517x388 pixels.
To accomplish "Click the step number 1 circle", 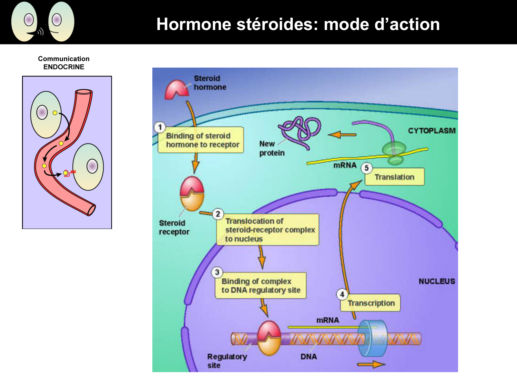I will click(160, 127).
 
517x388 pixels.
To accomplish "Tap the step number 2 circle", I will click(218, 214).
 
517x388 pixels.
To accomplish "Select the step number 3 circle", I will click(217, 272).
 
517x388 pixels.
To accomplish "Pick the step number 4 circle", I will click(342, 295).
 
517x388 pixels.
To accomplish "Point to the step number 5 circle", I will click(367, 168).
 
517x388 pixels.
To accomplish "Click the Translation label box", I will click(395, 177).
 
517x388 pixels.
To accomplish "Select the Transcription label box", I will click(371, 303).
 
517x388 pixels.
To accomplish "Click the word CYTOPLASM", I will click(432, 131).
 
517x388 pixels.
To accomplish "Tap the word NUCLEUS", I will click(437, 281).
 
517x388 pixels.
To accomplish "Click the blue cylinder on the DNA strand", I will click(372, 338).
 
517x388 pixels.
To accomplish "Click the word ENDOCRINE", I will click(64, 67).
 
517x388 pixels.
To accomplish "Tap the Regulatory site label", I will click(227, 361).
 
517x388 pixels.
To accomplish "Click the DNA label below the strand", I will click(308, 357).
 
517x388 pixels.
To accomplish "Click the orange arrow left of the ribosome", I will click(342, 135).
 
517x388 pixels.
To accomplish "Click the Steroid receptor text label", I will click(174, 227).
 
